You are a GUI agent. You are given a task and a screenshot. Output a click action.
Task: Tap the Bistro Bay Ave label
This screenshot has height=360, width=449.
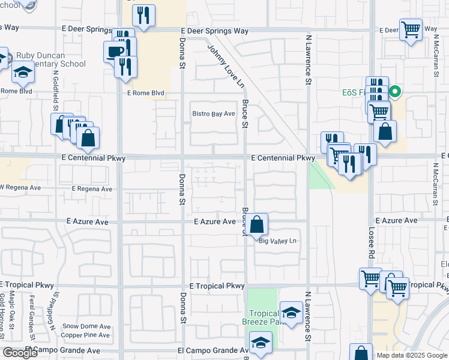(x=213, y=114)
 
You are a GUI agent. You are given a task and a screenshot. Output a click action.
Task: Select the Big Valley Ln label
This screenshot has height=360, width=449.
(x=278, y=241)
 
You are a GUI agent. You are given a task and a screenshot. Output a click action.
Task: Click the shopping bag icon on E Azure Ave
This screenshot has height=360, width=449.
(x=257, y=225)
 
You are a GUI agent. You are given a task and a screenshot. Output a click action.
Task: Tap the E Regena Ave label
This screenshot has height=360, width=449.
(x=92, y=188)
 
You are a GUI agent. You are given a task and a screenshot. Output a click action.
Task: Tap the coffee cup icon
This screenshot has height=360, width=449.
(x=114, y=51)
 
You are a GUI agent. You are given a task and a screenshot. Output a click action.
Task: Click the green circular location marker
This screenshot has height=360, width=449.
(x=395, y=92)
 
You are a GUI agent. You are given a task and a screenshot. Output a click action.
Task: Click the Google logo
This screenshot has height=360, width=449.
(x=20, y=353)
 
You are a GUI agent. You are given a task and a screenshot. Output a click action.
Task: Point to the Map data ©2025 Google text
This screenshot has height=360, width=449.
(x=411, y=355)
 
